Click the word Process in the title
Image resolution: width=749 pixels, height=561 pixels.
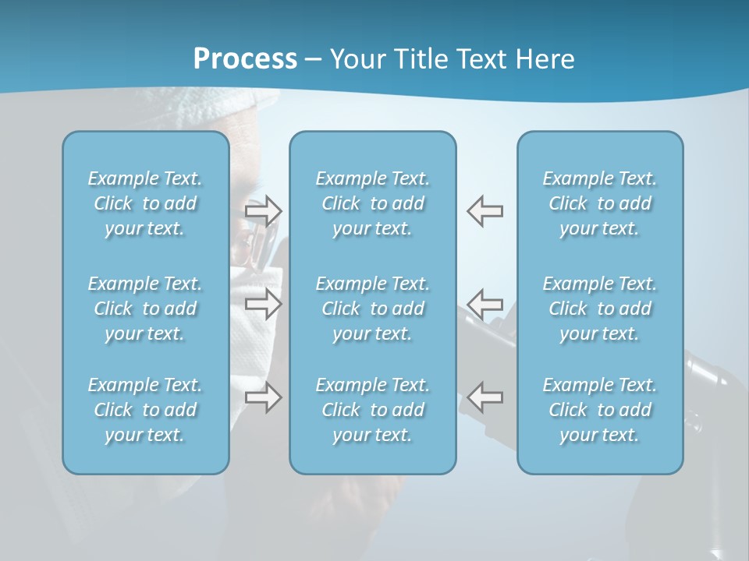(x=245, y=58)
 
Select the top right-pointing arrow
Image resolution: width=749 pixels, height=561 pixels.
(x=264, y=210)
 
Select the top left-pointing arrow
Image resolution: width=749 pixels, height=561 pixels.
(x=485, y=210)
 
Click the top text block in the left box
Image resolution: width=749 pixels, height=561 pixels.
(x=145, y=203)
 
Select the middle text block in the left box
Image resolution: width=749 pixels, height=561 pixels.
(x=145, y=309)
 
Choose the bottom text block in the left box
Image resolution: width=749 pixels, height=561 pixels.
(x=145, y=410)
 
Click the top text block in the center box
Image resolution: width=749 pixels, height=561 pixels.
(x=372, y=203)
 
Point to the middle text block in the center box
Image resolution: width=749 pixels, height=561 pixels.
(x=372, y=309)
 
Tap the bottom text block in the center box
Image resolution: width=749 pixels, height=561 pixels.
(x=372, y=410)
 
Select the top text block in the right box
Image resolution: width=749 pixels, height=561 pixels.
(x=599, y=203)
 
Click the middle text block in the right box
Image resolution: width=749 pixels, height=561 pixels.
(x=599, y=309)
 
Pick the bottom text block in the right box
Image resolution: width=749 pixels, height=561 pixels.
(x=599, y=410)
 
